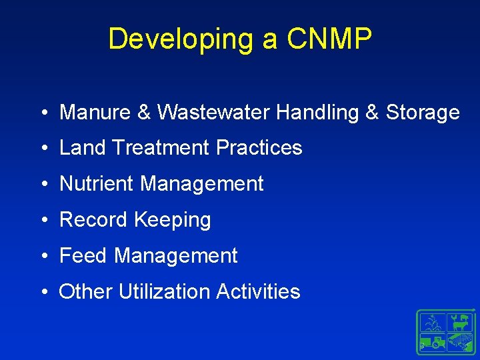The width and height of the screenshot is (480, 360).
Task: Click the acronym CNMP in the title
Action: point(329,39)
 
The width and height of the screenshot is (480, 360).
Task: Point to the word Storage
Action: point(422,112)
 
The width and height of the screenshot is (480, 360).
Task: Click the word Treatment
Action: point(159,147)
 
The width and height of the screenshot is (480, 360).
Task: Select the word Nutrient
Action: point(97,183)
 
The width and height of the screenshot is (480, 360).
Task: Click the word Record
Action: point(95,219)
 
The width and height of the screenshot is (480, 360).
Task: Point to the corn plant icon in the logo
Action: point(433,323)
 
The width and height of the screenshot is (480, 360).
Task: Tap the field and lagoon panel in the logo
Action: point(460,342)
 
